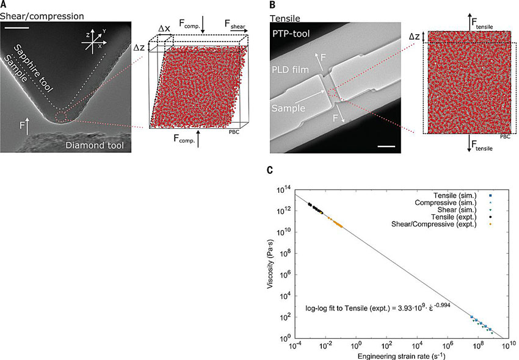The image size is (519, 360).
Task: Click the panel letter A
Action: coord(4,4)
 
